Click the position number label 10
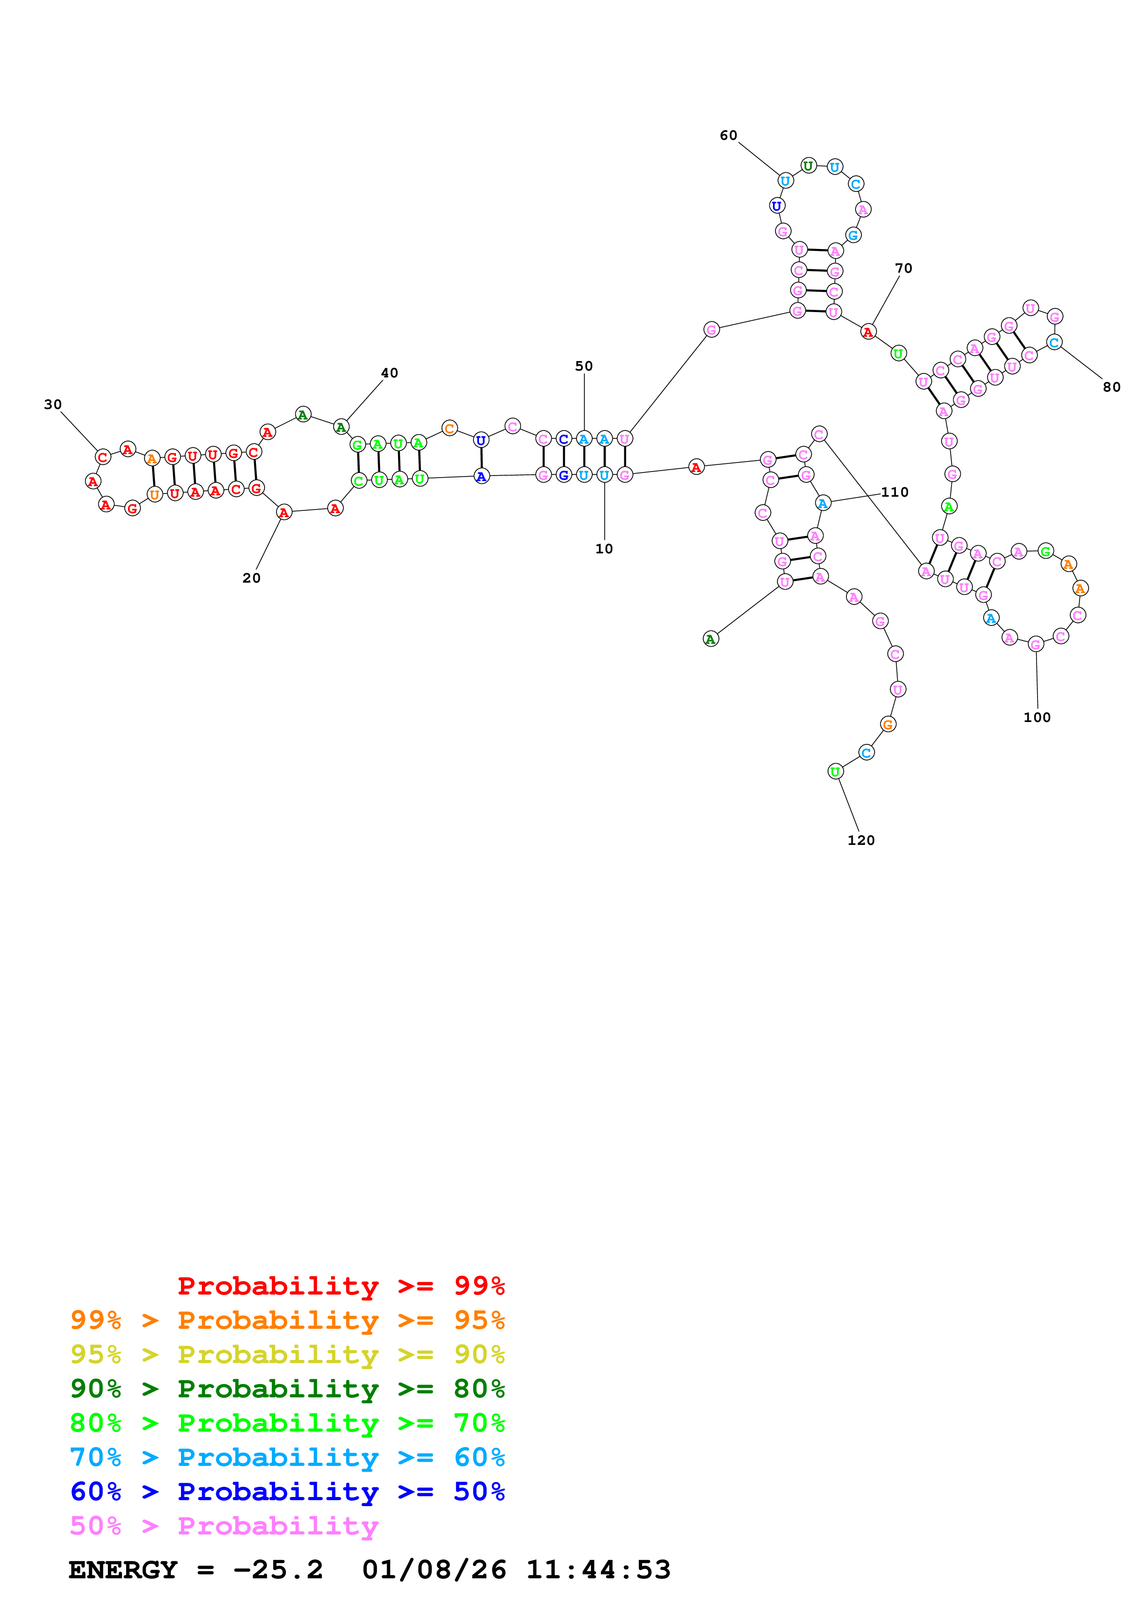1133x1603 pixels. pyautogui.click(x=604, y=549)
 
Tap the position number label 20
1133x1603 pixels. pyautogui.click(x=251, y=578)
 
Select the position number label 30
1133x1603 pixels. pyautogui.click(x=53, y=404)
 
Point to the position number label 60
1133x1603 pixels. pyautogui.click(x=728, y=135)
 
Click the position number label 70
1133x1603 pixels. pyautogui.click(x=903, y=268)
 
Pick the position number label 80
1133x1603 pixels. pyautogui.click(x=1112, y=387)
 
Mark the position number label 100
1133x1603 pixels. pyautogui.click(x=1037, y=717)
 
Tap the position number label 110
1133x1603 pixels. pyautogui.click(x=894, y=492)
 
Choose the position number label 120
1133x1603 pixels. pyautogui.click(x=861, y=840)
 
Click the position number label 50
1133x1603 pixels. pyautogui.click(x=584, y=366)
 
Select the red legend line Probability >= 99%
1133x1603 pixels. pyautogui.click(x=340, y=1286)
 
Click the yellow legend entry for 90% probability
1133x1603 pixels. pyautogui.click(x=287, y=1354)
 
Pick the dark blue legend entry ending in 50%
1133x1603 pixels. pyautogui.click(x=287, y=1492)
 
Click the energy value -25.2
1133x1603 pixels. pyautogui.click(x=278, y=1570)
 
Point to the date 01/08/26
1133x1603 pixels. pyautogui.click(x=434, y=1570)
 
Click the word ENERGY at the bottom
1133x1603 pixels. pyautogui.click(x=123, y=1570)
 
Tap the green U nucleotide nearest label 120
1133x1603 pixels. pyautogui.click(x=835, y=771)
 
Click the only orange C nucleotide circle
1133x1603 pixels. pyautogui.click(x=450, y=428)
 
